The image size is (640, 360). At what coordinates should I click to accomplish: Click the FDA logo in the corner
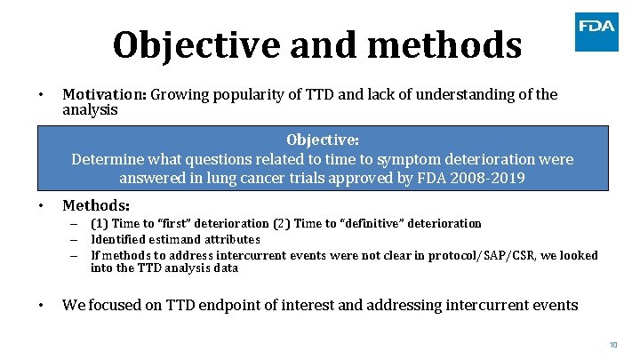click(596, 31)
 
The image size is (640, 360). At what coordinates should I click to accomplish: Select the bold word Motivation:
click(104, 94)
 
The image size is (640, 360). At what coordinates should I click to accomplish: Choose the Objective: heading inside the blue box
click(323, 140)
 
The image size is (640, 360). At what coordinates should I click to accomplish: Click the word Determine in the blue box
click(108, 159)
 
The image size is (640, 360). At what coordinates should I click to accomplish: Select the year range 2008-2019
click(485, 178)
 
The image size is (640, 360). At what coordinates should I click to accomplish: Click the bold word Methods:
click(96, 205)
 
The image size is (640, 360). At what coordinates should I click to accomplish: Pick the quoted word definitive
click(363, 223)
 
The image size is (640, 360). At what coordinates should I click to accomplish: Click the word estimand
click(174, 239)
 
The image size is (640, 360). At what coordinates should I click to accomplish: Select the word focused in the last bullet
click(118, 305)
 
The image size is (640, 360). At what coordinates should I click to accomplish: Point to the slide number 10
click(613, 344)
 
